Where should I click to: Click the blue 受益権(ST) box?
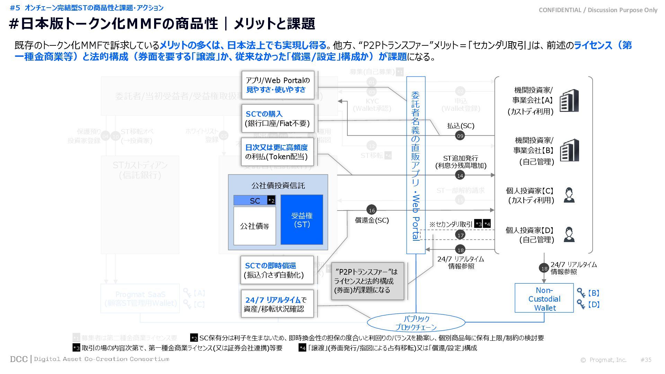[302, 220]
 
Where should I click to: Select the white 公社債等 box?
[255, 226]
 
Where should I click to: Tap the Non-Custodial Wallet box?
[544, 298]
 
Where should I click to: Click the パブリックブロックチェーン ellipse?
[416, 323]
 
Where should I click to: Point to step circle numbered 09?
[460, 136]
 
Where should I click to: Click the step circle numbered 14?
[460, 176]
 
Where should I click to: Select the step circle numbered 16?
[372, 210]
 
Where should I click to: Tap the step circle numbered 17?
[460, 235]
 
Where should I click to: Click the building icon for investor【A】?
[569, 100]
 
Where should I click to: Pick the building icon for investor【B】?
[569, 150]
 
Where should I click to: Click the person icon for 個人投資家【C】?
[569, 195]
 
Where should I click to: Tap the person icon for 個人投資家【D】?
[569, 234]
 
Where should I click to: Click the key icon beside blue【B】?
[581, 293]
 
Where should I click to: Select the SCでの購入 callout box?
[277, 118]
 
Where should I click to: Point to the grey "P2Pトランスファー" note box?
[367, 281]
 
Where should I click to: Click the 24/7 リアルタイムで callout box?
[277, 304]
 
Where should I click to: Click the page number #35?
[646, 360]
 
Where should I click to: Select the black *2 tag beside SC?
[271, 201]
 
